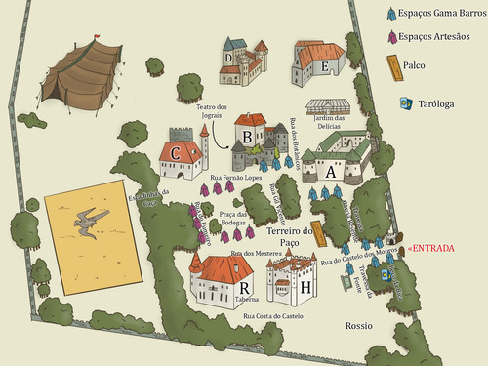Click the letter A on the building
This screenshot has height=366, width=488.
click(x=329, y=171)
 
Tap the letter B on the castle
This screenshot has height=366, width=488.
click(x=248, y=137)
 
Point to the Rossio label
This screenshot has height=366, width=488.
click(x=359, y=325)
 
